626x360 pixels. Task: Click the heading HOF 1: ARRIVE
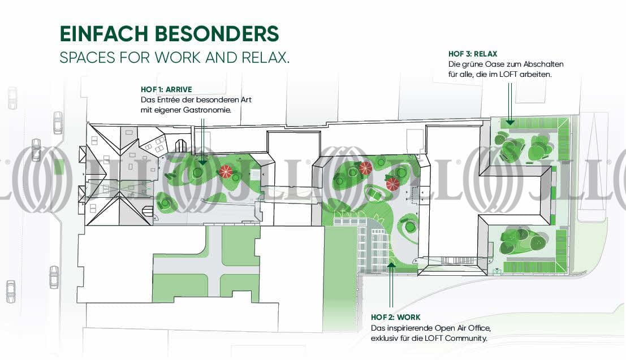[x=166, y=89]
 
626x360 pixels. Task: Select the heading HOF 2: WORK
[x=396, y=318]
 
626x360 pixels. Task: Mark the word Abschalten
[x=545, y=64]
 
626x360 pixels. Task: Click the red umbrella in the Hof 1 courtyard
[x=226, y=171]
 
